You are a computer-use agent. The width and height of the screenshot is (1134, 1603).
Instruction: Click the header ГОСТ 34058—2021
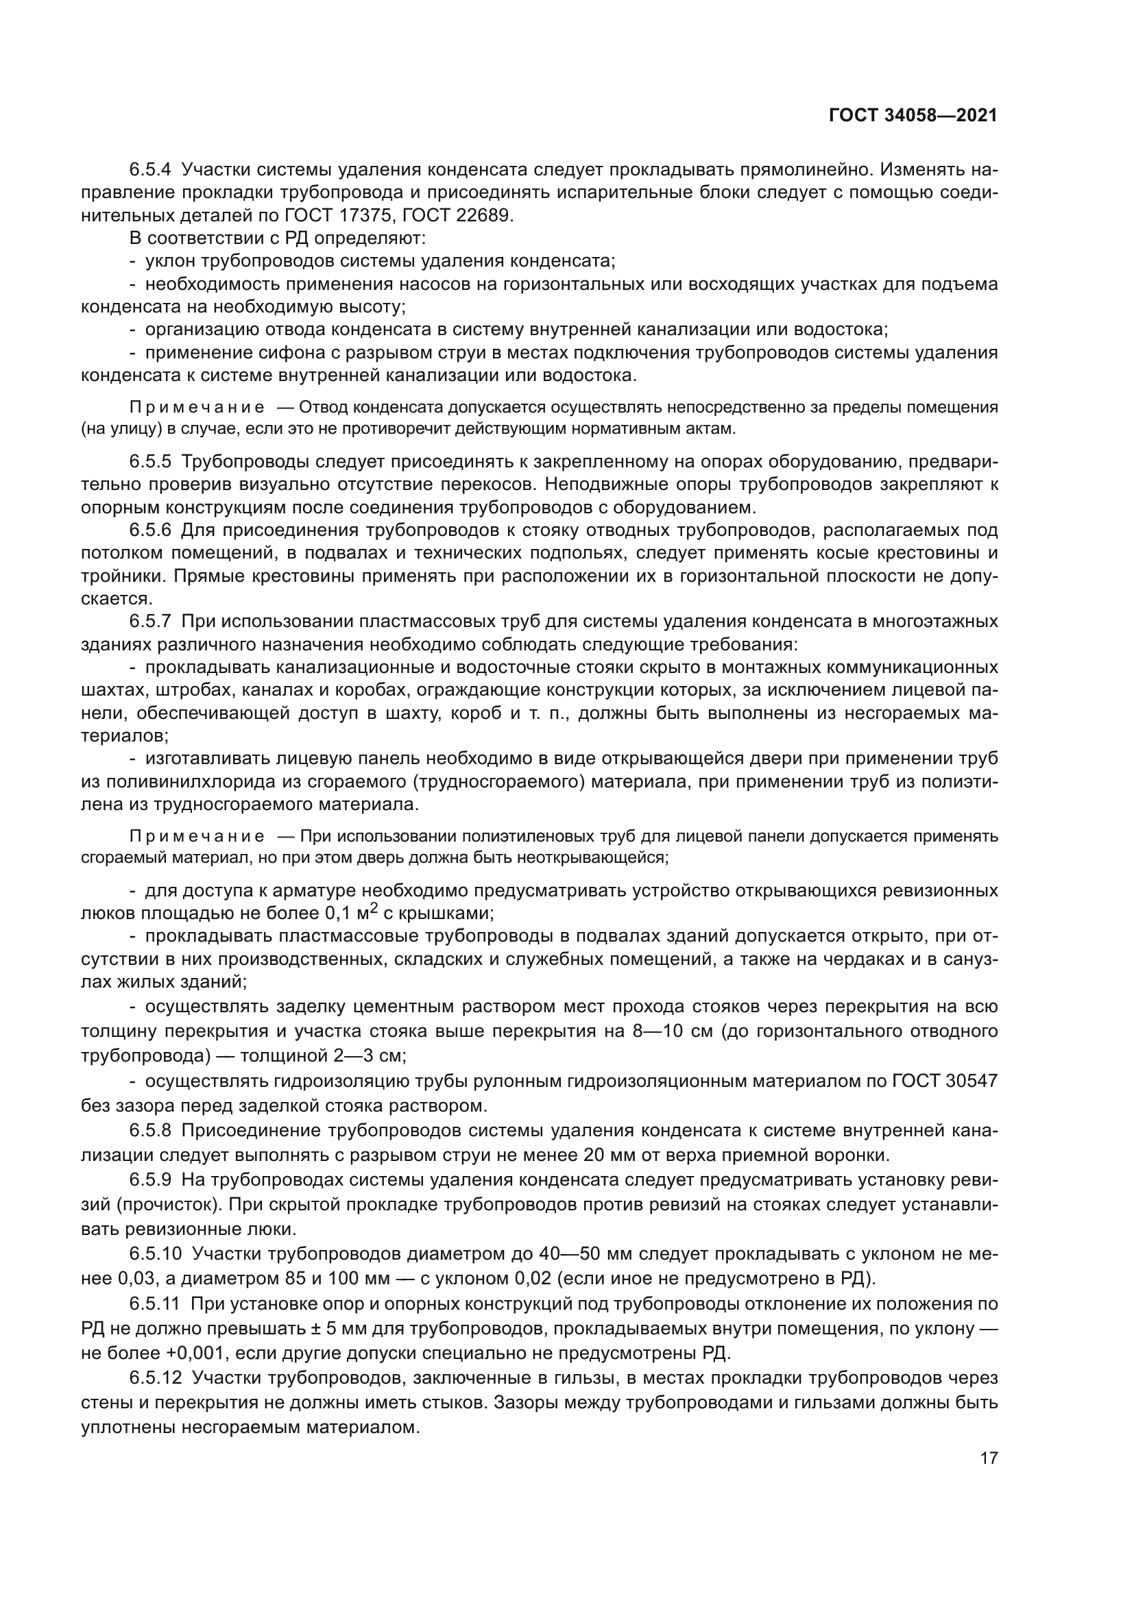(913, 116)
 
